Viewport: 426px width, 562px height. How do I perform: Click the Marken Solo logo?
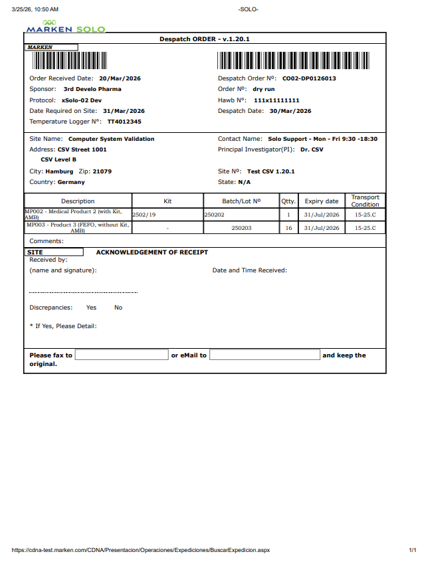click(64, 27)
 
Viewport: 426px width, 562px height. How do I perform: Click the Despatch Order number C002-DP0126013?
click(309, 78)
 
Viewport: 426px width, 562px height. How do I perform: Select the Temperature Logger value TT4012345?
click(124, 122)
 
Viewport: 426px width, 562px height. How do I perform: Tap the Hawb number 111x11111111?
click(276, 100)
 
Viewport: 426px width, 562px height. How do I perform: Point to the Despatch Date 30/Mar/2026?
click(290, 111)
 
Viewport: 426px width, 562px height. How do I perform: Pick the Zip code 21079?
click(102, 171)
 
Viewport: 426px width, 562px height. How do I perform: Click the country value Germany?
click(71, 182)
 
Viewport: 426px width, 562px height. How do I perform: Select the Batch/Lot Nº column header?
click(241, 201)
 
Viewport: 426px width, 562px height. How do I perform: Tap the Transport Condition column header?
click(365, 201)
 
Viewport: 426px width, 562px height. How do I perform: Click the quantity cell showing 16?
click(288, 228)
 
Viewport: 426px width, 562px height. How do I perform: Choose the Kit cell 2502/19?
click(144, 215)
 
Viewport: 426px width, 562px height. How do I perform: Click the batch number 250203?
click(241, 228)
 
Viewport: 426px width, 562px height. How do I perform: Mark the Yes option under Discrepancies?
click(91, 308)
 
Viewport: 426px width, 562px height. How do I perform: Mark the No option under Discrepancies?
click(118, 308)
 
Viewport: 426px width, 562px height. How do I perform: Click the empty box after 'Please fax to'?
click(122, 355)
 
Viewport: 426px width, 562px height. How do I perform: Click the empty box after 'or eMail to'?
click(265, 355)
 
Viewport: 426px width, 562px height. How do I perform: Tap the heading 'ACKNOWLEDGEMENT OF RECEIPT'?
click(152, 252)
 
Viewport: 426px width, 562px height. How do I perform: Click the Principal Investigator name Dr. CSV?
click(312, 149)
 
